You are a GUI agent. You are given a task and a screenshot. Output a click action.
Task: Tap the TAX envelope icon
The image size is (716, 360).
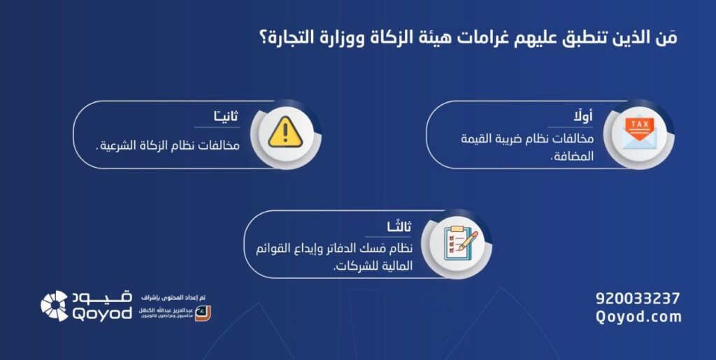pyautogui.click(x=639, y=132)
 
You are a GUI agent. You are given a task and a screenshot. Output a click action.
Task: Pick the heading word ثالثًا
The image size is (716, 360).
pyautogui.click(x=399, y=226)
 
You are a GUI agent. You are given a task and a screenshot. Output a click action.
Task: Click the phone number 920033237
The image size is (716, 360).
pyautogui.click(x=637, y=298)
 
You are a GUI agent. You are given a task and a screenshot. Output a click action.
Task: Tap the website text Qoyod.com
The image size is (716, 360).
pyautogui.click(x=637, y=317)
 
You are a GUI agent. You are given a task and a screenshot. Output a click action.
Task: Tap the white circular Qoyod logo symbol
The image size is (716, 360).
pyautogui.click(x=55, y=305)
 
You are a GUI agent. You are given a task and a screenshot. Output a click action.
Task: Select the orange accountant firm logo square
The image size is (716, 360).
pyautogui.click(x=202, y=312)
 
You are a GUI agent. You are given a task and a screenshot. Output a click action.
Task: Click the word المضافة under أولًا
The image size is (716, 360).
pyautogui.click(x=573, y=157)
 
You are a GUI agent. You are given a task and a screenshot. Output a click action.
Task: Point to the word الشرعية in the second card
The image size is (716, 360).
pyautogui.click(x=120, y=147)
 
